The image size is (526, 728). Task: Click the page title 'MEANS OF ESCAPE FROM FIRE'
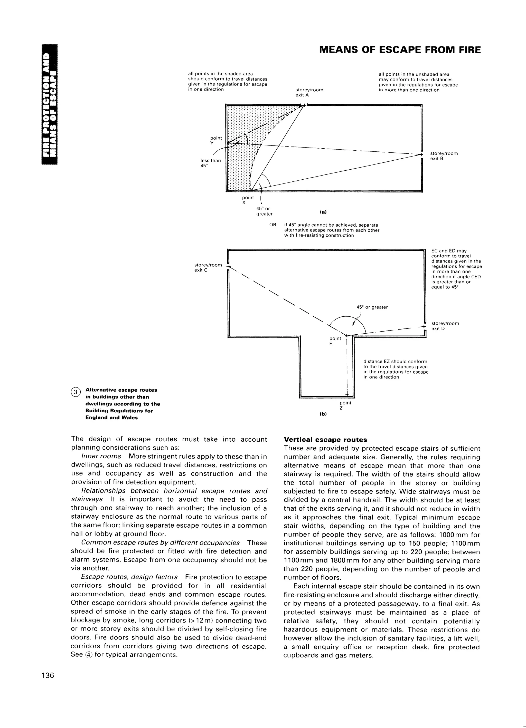pyautogui.click(x=400, y=50)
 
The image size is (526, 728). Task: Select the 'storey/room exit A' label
pyautogui.click(x=309, y=92)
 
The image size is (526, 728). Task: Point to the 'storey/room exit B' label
pyautogui.click(x=444, y=156)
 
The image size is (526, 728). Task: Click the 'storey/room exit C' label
pyautogui.click(x=208, y=267)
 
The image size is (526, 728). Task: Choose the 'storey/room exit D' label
pyautogui.click(x=445, y=326)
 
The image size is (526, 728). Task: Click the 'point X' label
pyautogui.click(x=248, y=200)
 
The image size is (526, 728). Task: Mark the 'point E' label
pyautogui.click(x=335, y=341)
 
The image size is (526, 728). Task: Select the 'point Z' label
pyautogui.click(x=345, y=405)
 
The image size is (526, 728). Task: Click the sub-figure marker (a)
pyautogui.click(x=323, y=212)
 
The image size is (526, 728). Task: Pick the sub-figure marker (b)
pyautogui.click(x=323, y=414)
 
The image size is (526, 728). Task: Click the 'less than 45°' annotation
pyautogui.click(x=210, y=163)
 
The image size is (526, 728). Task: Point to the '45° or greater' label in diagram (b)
pyautogui.click(x=372, y=307)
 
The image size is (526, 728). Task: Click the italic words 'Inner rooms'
pyautogui.click(x=101, y=456)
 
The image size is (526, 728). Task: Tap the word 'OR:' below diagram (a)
pyautogui.click(x=273, y=225)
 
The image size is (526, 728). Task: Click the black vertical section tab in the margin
pyautogui.click(x=50, y=104)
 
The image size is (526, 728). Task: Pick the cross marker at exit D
pyautogui.click(x=424, y=327)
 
